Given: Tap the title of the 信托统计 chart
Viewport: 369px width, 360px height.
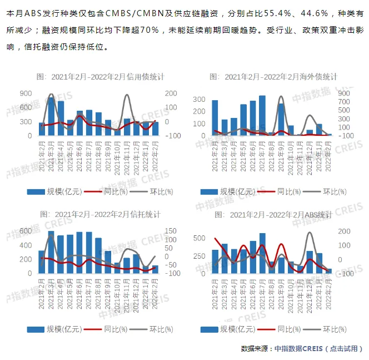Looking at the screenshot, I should (101, 214).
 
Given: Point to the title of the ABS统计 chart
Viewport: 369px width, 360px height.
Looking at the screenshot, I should (273, 214).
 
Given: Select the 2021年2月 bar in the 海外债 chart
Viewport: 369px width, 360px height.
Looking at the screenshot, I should (215, 118).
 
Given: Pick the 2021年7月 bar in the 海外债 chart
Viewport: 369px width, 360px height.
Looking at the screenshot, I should (262, 116).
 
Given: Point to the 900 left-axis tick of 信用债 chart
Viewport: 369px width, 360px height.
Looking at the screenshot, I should (26, 93).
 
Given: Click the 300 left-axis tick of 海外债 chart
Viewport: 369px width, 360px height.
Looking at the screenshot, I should (199, 99).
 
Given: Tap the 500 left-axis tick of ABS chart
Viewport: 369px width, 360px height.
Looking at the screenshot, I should (199, 238).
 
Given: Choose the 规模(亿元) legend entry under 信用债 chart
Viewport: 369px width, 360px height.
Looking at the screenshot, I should (55, 191).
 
